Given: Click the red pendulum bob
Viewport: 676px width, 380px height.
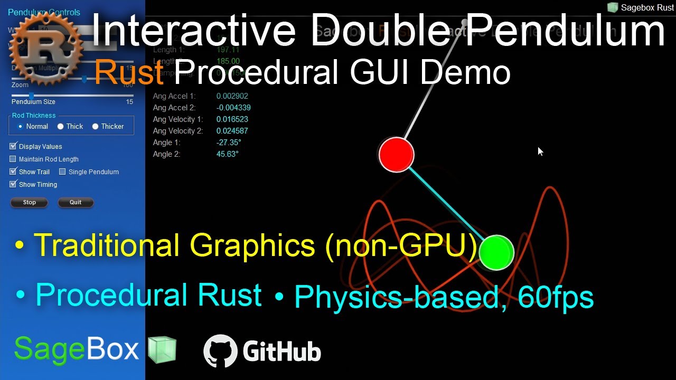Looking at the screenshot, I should [396, 155].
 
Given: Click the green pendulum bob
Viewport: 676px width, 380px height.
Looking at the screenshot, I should [496, 253].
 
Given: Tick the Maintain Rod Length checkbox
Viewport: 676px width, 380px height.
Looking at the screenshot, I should [13, 159].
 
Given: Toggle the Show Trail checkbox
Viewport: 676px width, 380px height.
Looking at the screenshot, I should [13, 172].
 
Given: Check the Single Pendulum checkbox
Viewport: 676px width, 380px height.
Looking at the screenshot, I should [62, 172].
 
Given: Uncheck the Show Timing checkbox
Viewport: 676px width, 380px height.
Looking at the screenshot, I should [13, 184].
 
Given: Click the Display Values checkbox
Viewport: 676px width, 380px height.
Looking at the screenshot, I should [13, 146].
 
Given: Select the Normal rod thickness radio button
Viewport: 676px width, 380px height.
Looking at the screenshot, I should [20, 127].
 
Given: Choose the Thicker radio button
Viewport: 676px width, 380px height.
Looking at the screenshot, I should [95, 127].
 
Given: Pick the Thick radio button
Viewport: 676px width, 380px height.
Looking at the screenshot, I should [60, 127].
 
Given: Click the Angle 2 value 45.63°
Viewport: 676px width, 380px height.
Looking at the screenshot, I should [227, 154].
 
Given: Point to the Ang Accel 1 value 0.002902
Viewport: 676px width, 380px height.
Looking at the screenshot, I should [232, 96].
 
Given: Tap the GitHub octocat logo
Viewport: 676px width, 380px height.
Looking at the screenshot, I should [220, 350].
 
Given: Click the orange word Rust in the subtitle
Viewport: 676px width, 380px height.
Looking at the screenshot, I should [128, 72].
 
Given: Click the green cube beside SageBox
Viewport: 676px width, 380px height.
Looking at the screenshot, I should [162, 350].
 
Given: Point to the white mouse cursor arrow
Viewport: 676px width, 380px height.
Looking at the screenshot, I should [540, 151].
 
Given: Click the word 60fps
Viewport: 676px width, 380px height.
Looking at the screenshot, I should [556, 297].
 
